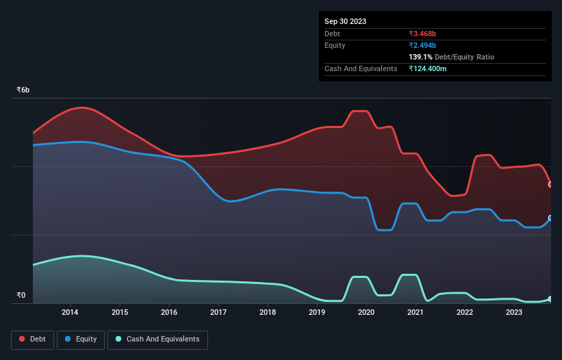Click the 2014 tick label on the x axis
[70, 313]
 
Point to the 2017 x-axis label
[218, 313]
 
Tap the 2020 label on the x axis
[366, 313]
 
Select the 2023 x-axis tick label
[514, 313]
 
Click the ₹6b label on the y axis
[23, 90]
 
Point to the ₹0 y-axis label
[21, 296]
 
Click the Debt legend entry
[33, 339]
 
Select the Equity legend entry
[81, 339]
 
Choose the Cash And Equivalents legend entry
[157, 339]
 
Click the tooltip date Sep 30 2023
[345, 21]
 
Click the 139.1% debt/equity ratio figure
[421, 57]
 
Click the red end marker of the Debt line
[550, 184]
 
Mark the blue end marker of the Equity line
[550, 218]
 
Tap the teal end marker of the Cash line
[550, 299]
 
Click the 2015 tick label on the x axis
[119, 313]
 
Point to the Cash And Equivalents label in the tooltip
[361, 68]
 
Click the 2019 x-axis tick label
[317, 313]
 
